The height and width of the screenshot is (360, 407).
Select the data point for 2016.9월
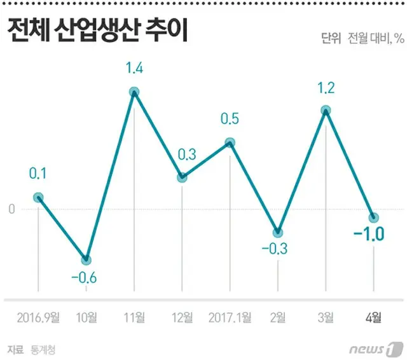coord(38,197)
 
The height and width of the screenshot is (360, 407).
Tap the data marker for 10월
coord(86,260)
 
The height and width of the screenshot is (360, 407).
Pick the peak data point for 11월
coord(134,92)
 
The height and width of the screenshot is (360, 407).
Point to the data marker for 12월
coord(182,177)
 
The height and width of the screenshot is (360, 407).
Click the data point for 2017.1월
coord(230,143)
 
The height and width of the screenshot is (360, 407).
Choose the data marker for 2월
coord(278,233)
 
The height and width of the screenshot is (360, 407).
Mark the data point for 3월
coord(326,111)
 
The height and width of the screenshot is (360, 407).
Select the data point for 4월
coord(374,218)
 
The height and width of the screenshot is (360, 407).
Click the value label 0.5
coord(230,119)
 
